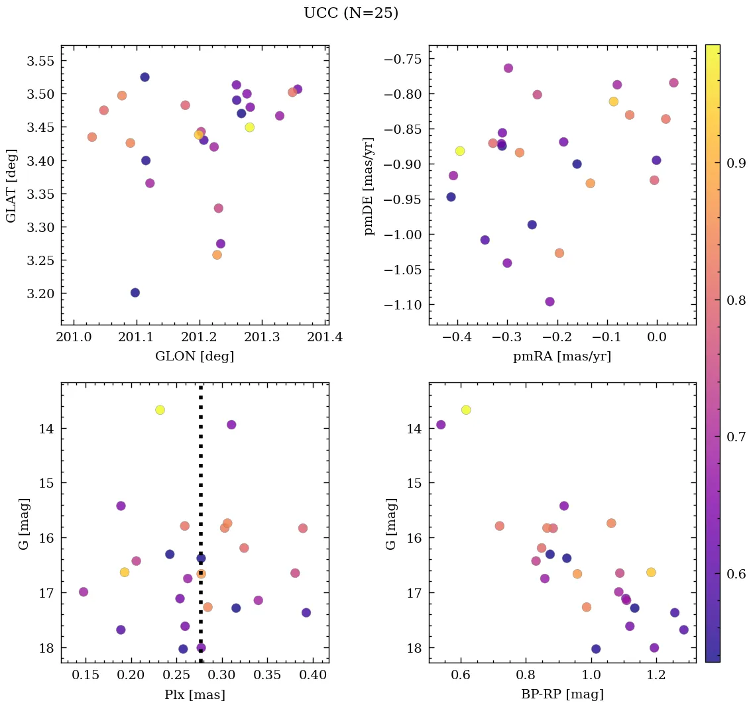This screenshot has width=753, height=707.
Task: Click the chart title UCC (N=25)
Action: (351, 13)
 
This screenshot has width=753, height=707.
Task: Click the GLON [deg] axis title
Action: (194, 356)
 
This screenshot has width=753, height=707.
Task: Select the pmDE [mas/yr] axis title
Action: (369, 186)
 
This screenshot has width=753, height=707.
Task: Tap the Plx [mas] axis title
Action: (194, 694)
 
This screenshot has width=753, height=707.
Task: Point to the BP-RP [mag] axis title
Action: (562, 694)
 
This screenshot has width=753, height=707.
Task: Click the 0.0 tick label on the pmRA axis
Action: (656, 337)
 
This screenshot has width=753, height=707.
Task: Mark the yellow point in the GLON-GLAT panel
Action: (249, 127)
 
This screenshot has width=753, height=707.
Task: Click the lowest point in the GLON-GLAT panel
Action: (135, 293)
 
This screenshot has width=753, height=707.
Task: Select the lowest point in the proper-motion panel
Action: (550, 302)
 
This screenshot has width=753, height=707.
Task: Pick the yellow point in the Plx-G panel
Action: (160, 410)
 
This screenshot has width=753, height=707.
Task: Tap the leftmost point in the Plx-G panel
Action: (84, 592)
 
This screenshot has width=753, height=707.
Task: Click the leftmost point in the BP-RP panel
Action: (441, 425)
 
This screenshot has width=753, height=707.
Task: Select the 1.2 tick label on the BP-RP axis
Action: (656, 675)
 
